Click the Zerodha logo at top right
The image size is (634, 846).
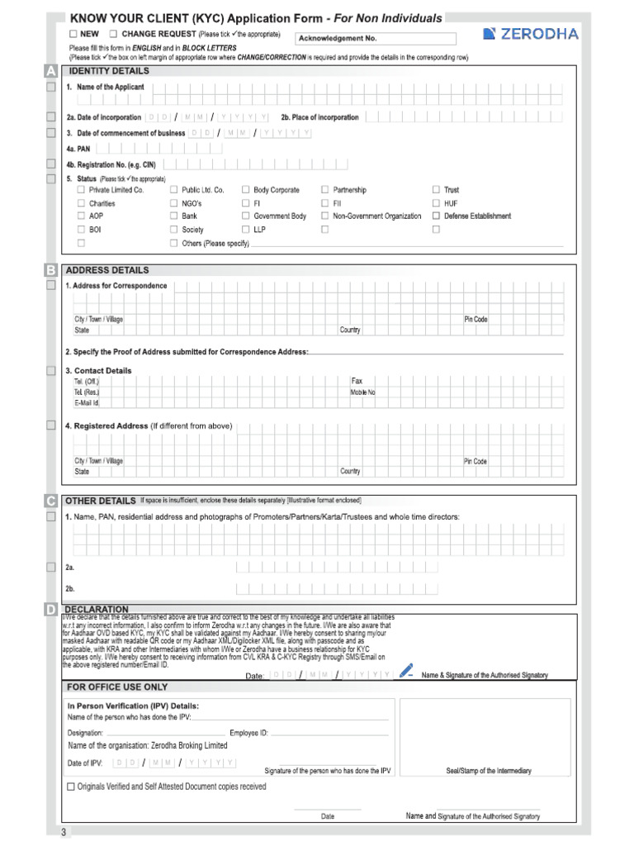coord(530,34)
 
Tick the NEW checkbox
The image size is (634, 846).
coord(73,34)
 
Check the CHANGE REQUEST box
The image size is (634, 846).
coord(113,34)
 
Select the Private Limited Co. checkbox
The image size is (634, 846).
coord(81,190)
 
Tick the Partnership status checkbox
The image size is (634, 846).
coord(325,190)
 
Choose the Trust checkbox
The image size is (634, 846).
coord(436,190)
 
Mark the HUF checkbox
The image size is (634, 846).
coord(436,203)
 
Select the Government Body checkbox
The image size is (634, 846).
coord(246,216)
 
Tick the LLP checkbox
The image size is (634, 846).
coord(246,230)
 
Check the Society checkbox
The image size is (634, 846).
coord(173,230)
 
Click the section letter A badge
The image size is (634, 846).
coord(51,72)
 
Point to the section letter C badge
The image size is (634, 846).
coord(51,501)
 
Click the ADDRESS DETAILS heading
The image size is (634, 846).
coord(107,270)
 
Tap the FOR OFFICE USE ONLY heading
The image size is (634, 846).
coord(116,687)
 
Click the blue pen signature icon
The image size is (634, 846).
coord(405,671)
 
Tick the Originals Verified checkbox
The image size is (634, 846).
coord(70,787)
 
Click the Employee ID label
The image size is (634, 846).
coord(248,733)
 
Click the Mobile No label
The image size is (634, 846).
coord(362,392)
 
